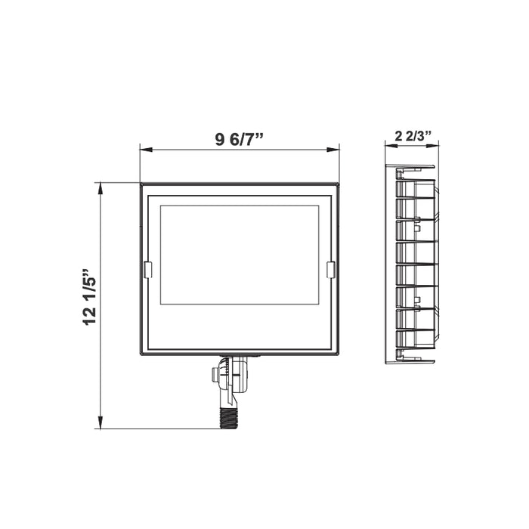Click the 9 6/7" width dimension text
click(x=240, y=138)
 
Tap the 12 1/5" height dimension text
click(x=91, y=295)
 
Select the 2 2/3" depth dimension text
click(x=413, y=137)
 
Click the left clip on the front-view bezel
click(x=147, y=270)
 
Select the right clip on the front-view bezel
click(x=330, y=270)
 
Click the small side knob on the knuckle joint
click(x=217, y=375)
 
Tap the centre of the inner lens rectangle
click(x=240, y=255)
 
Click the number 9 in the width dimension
click(x=220, y=138)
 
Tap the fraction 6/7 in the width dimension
click(x=243, y=138)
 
